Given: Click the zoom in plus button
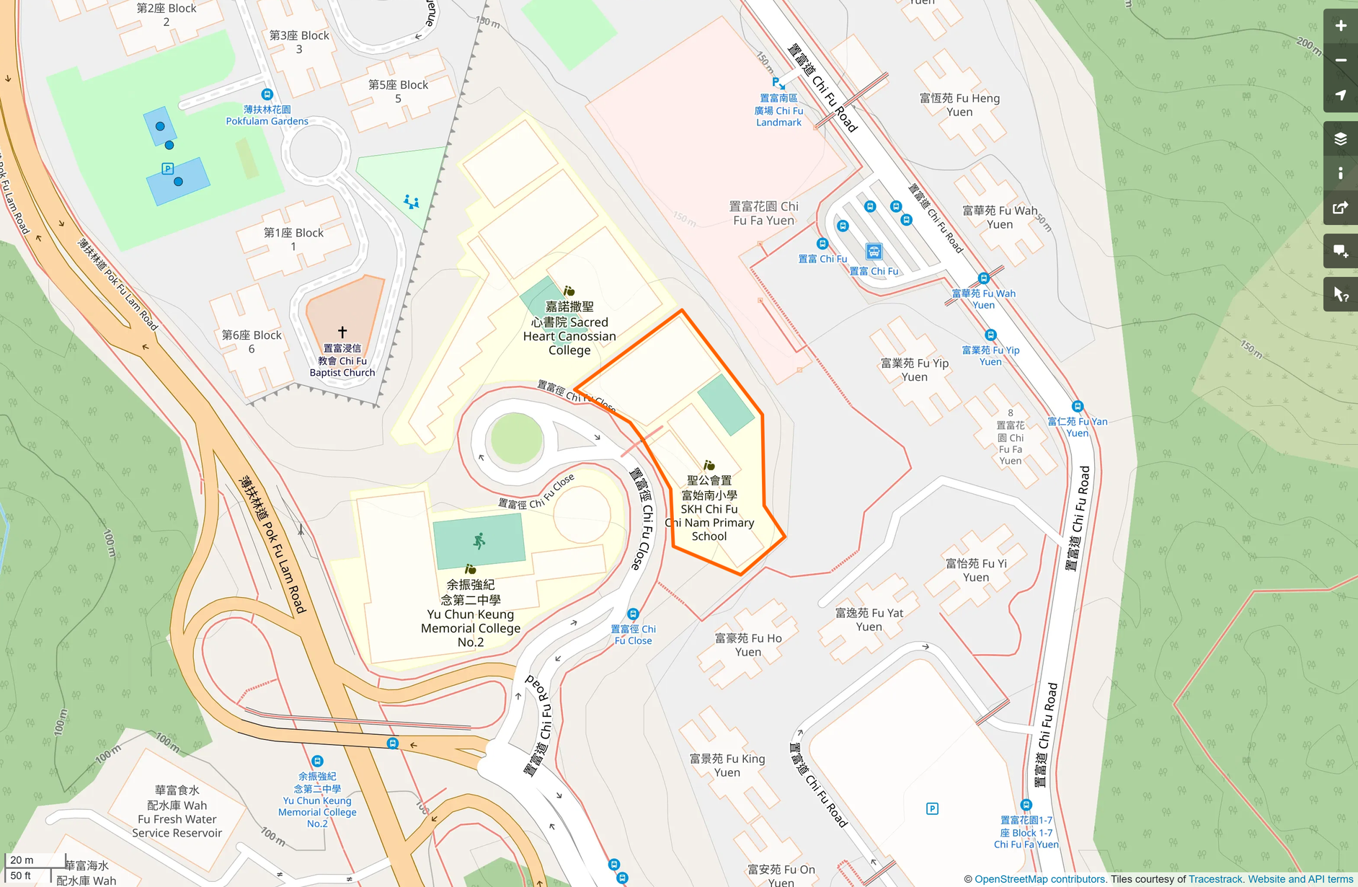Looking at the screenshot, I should click(1340, 26).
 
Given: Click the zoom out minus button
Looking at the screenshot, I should click(1340, 61).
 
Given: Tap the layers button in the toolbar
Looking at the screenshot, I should click(1340, 138).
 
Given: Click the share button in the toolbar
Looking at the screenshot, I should click(1340, 208).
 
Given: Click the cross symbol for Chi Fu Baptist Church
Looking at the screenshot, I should click(342, 332).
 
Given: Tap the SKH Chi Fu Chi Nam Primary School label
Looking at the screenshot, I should click(709, 508).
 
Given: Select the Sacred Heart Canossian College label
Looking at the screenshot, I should click(569, 328).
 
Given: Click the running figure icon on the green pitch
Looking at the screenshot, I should click(479, 540).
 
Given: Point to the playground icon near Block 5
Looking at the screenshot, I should click(412, 201).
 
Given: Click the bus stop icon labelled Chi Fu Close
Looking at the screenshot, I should click(633, 614).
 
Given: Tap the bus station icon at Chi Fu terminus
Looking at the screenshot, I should click(874, 252).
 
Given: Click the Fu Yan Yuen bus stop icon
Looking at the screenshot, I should click(1078, 407).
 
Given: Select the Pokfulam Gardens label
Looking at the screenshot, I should click(267, 115).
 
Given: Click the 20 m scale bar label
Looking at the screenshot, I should click(22, 860).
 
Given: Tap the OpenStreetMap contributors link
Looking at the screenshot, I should click(1039, 879).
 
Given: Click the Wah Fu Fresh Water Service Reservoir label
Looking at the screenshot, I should click(177, 812).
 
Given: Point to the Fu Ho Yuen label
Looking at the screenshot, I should click(748, 645).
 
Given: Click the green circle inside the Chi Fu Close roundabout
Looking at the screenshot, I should click(516, 438).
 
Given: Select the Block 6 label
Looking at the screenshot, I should click(252, 342).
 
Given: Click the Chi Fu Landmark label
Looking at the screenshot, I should click(778, 110).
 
